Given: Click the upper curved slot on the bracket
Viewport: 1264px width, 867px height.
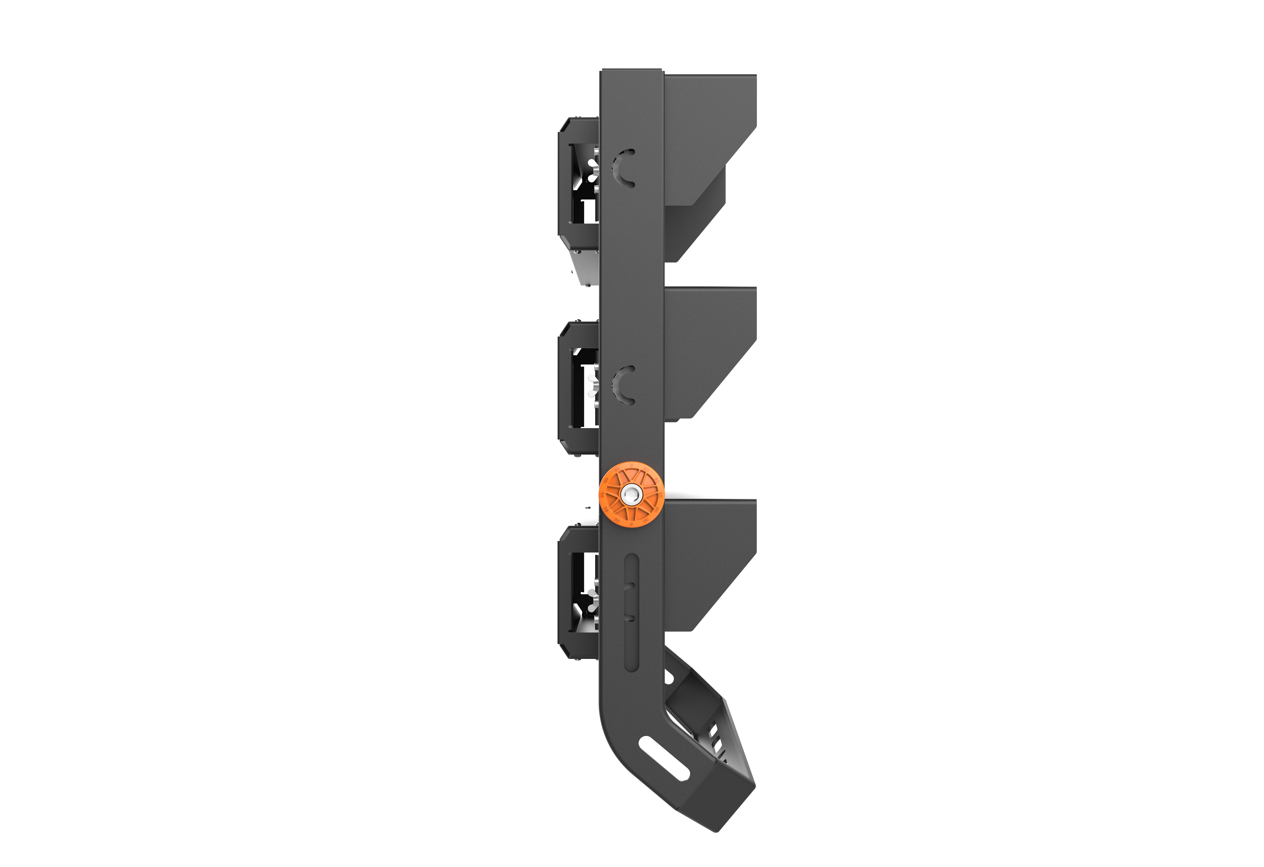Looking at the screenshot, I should [624, 169].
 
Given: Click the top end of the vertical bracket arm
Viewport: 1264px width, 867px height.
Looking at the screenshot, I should [631, 76].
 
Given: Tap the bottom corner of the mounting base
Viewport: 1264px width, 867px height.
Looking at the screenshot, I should [717, 829].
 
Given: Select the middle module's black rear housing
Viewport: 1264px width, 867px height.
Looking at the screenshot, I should [566, 389].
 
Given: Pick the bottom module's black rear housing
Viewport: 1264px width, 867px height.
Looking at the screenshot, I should [566, 593].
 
